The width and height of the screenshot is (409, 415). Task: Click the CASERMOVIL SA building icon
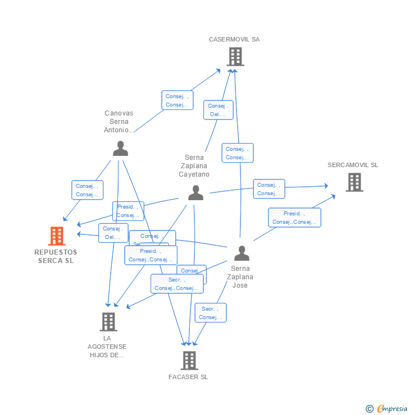(x=235, y=57)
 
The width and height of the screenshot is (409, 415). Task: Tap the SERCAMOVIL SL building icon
(x=354, y=182)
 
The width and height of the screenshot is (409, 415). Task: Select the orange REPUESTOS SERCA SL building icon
(x=57, y=236)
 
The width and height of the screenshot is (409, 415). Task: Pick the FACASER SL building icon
(x=190, y=361)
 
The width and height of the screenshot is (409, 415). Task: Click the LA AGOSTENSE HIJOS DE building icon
(x=108, y=322)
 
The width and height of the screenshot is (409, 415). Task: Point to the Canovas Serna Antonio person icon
(x=120, y=149)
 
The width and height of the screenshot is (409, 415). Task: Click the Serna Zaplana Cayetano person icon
(x=196, y=193)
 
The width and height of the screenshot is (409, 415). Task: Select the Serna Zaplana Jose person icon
(x=242, y=253)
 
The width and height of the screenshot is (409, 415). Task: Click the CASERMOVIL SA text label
(x=234, y=40)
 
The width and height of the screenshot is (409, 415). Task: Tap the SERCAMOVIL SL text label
(x=353, y=165)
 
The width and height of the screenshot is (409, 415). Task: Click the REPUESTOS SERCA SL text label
(x=56, y=256)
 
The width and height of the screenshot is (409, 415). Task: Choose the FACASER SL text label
(x=188, y=377)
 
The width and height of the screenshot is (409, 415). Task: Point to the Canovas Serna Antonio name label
(x=119, y=122)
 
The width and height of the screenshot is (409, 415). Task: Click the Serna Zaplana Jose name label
(x=240, y=277)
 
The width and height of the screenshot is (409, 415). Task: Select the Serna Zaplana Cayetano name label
(x=194, y=166)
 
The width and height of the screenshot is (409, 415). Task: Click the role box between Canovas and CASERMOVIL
(x=177, y=100)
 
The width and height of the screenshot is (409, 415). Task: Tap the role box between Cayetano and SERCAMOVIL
(x=269, y=189)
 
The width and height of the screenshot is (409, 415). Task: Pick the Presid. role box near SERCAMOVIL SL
(x=294, y=218)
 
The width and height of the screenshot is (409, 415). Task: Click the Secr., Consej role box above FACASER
(x=210, y=313)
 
